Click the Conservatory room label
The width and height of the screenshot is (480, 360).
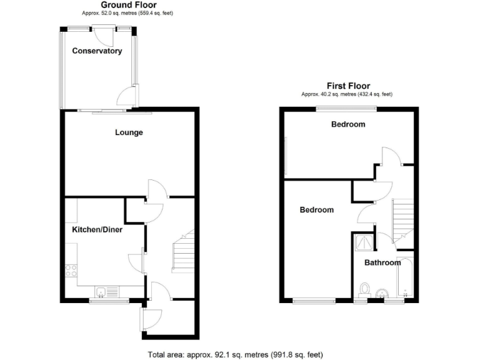(96, 51)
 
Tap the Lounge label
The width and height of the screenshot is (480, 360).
(129, 132)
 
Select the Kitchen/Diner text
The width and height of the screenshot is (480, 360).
(97, 230)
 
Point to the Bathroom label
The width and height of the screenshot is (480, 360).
(382, 263)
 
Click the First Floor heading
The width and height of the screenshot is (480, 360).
(348, 86)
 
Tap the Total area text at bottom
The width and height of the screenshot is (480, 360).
(236, 355)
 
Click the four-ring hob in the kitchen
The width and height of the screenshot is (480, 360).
(71, 271)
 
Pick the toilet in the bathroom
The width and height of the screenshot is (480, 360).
(365, 289)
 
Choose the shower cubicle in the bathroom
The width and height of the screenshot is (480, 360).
(362, 242)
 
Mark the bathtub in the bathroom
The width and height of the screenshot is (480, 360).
(406, 277)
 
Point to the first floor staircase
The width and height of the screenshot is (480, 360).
(402, 219)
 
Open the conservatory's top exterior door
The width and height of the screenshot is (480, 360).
(104, 34)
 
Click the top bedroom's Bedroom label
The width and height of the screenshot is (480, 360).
(348, 124)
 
